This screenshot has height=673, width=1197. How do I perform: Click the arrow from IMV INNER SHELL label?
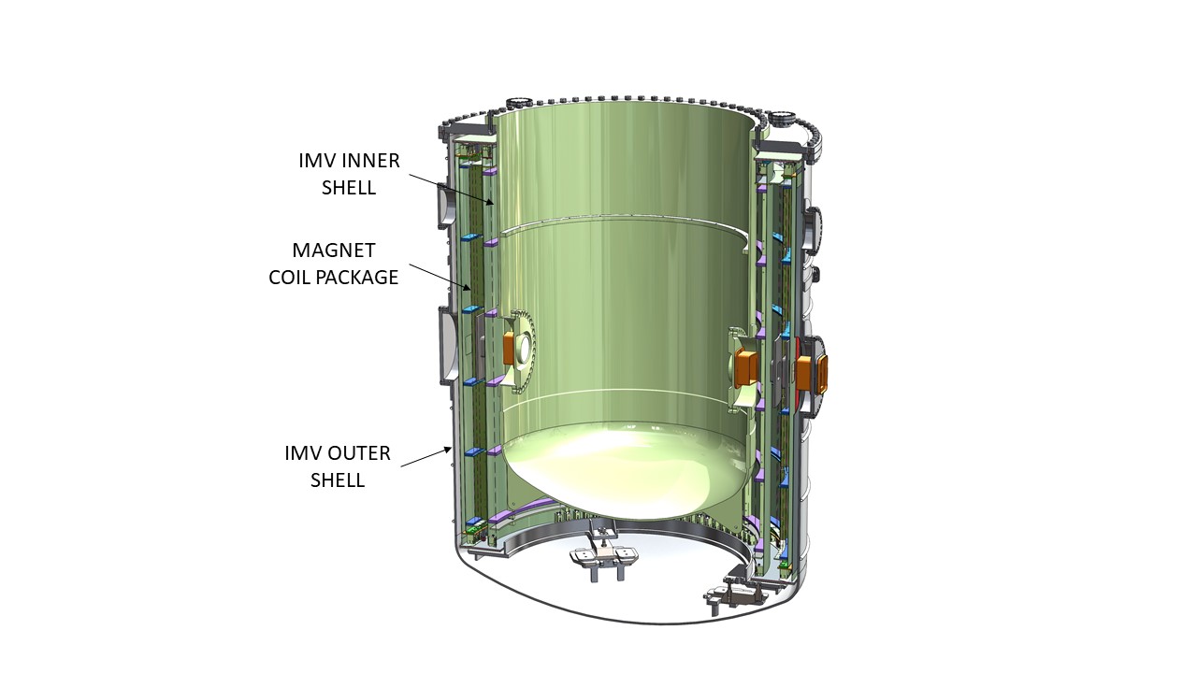click(452, 189)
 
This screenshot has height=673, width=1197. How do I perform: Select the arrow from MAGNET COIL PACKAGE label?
click(440, 278)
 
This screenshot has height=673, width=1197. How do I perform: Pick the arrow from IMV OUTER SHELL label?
click(425, 457)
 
